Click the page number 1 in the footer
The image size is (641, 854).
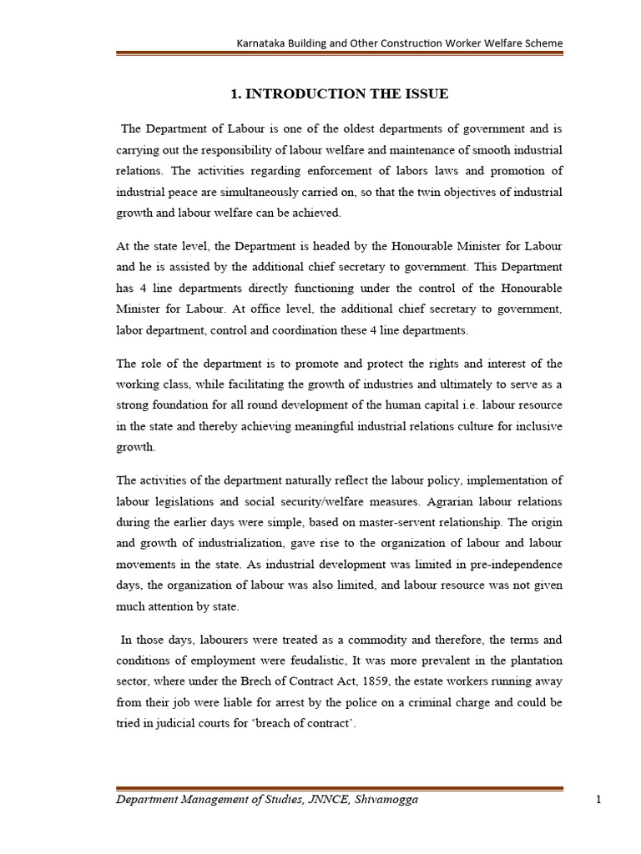coord(598,800)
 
